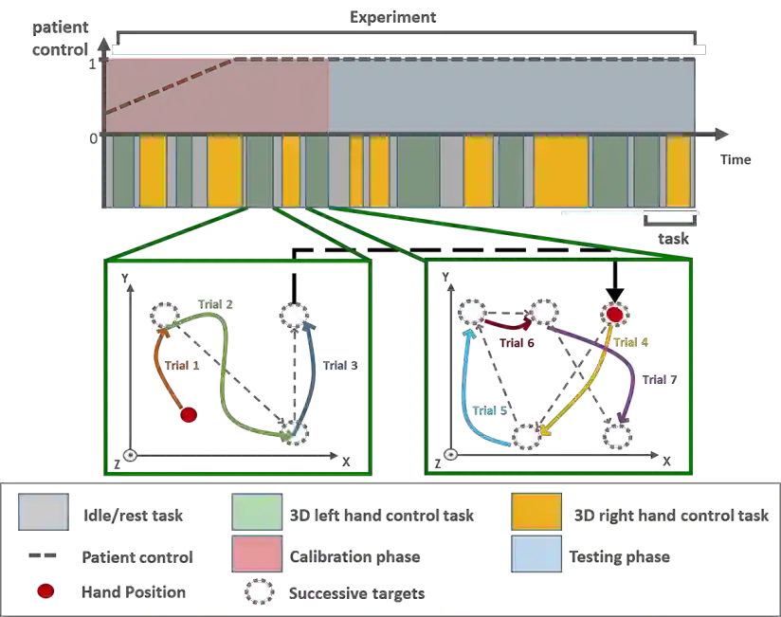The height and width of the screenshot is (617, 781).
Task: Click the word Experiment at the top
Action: coord(393,16)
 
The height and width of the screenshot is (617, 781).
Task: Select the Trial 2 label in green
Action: coord(216,304)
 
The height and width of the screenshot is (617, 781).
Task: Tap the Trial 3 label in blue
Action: coord(339,365)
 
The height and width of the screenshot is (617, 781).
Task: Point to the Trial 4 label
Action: coord(630,342)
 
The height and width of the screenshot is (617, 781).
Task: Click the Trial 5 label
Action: coord(490,410)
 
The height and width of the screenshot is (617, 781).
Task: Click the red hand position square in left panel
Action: coord(189,414)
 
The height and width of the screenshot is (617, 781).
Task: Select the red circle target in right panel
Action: coord(614,314)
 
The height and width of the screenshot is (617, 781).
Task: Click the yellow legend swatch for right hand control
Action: coord(536,513)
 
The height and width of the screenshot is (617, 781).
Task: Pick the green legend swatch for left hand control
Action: coord(257,513)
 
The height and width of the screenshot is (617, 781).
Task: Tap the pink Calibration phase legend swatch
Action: coord(257,556)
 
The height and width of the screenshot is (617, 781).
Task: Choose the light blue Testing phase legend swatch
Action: coord(536,556)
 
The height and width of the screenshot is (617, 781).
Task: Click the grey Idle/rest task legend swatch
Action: coord(42,513)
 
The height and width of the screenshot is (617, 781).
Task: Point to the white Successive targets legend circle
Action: coord(259,593)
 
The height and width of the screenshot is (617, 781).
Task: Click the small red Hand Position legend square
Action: coord(43,592)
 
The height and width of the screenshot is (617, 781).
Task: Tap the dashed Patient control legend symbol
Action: coord(42,556)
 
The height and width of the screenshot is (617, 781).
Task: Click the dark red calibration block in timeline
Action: coord(217,96)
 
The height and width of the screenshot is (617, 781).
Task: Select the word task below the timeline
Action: coord(673,239)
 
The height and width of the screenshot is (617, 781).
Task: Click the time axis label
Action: coord(736,159)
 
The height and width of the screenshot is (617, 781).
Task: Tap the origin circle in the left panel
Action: coord(131,456)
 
